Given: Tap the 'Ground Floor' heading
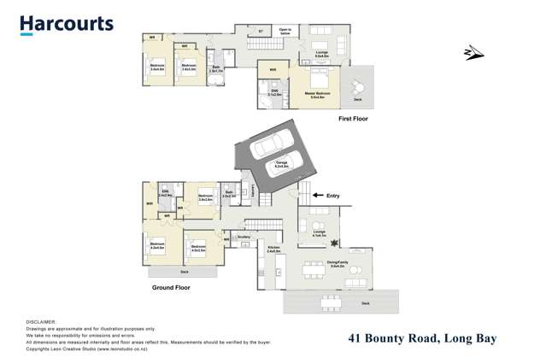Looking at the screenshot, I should pos(171,288).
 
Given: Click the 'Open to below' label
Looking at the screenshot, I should pos(285,32).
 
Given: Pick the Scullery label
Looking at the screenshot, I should pos(244,237).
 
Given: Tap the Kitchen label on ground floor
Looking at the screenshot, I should pos(273,250).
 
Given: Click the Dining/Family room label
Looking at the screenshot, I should pos(337,264).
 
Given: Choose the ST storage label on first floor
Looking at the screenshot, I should pos(261,32).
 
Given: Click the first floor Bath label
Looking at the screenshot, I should pos(216,68).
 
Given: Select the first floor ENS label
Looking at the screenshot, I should pos(274,91).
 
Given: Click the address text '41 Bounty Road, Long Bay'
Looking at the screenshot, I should pos(422,338).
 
